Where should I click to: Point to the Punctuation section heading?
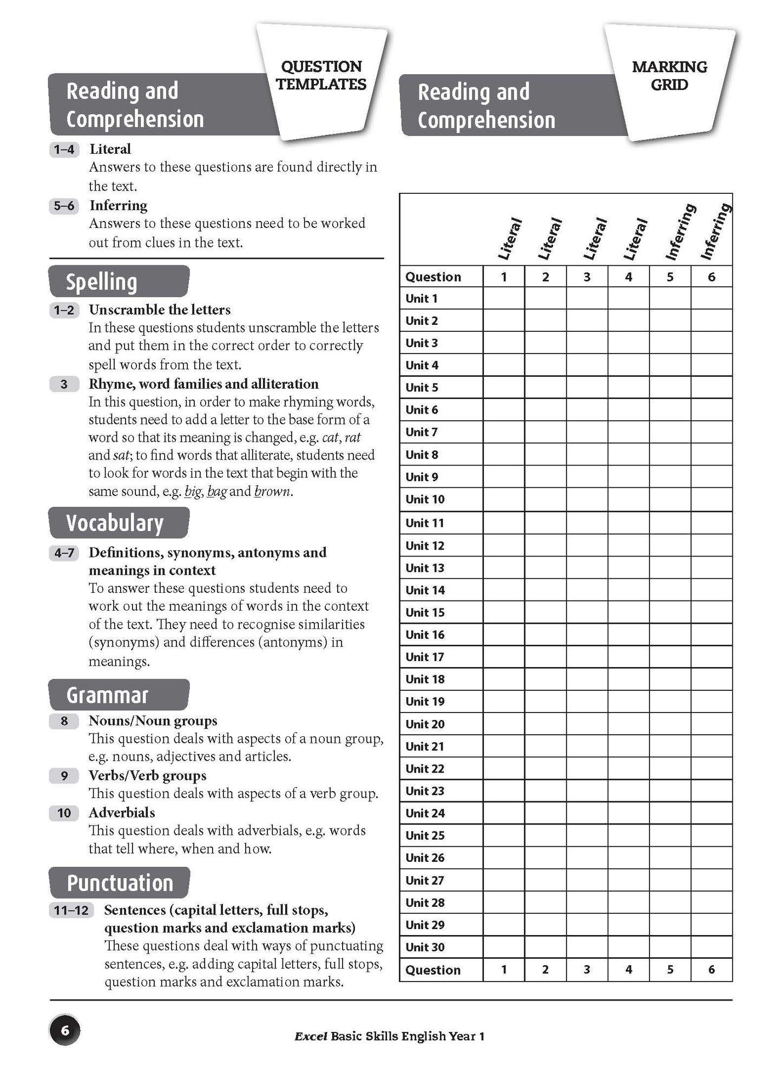[x=120, y=883]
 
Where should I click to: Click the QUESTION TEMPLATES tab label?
[x=321, y=76]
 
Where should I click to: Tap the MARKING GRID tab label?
[x=669, y=76]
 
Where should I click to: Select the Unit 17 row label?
[x=425, y=657]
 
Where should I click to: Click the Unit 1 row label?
[x=422, y=299]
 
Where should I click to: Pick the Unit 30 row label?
[x=425, y=947]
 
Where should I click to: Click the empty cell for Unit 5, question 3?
[x=587, y=388]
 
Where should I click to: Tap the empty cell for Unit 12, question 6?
[x=711, y=546]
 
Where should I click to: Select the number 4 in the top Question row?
[x=628, y=277]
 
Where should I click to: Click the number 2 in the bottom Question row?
[x=545, y=970]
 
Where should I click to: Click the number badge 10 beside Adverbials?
[x=64, y=813]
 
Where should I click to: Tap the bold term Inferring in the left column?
[x=119, y=206]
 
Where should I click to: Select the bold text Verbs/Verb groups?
[x=147, y=776]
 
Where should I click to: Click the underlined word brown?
[x=272, y=492]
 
